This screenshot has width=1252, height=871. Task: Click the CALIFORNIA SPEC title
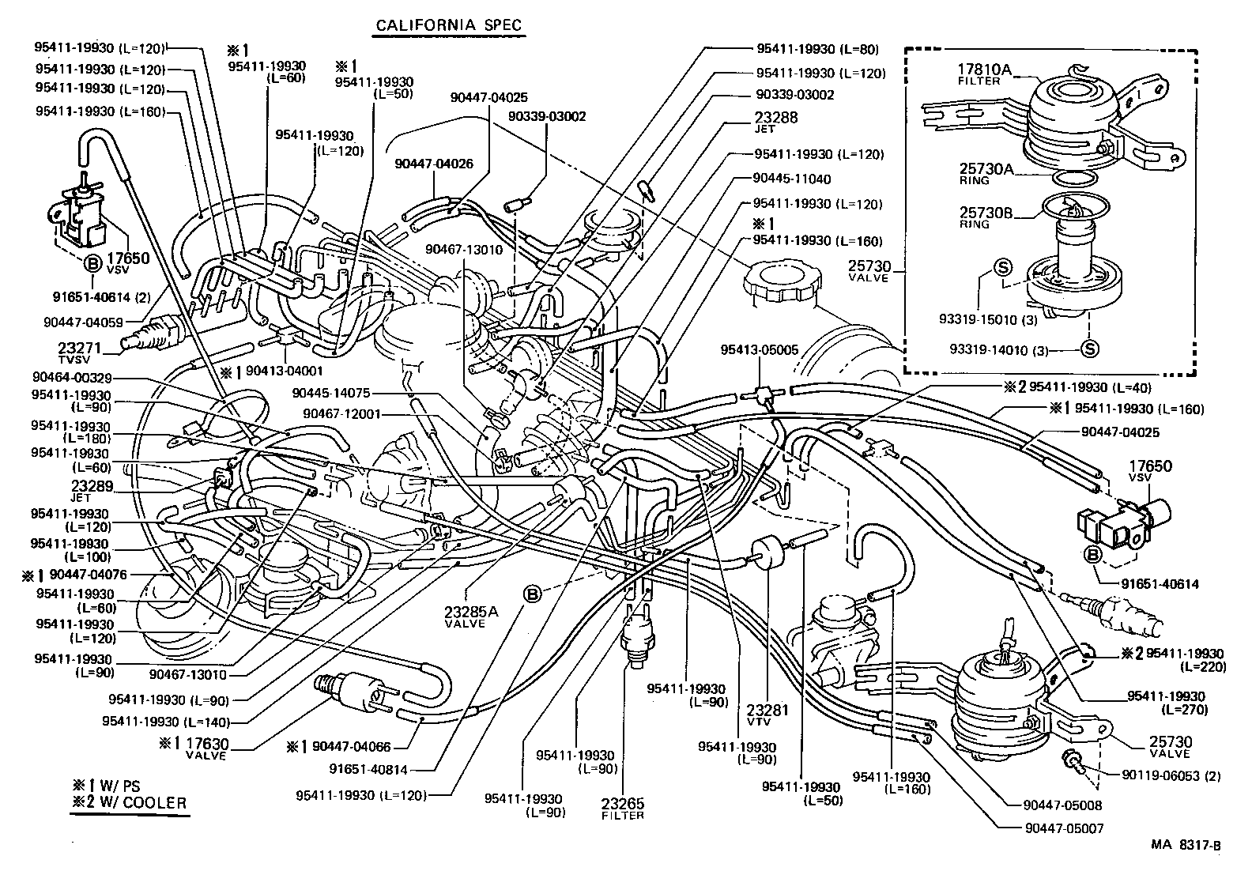click(448, 25)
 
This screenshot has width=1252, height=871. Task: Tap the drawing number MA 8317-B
click(1185, 846)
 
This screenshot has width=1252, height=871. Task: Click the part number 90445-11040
click(791, 179)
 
